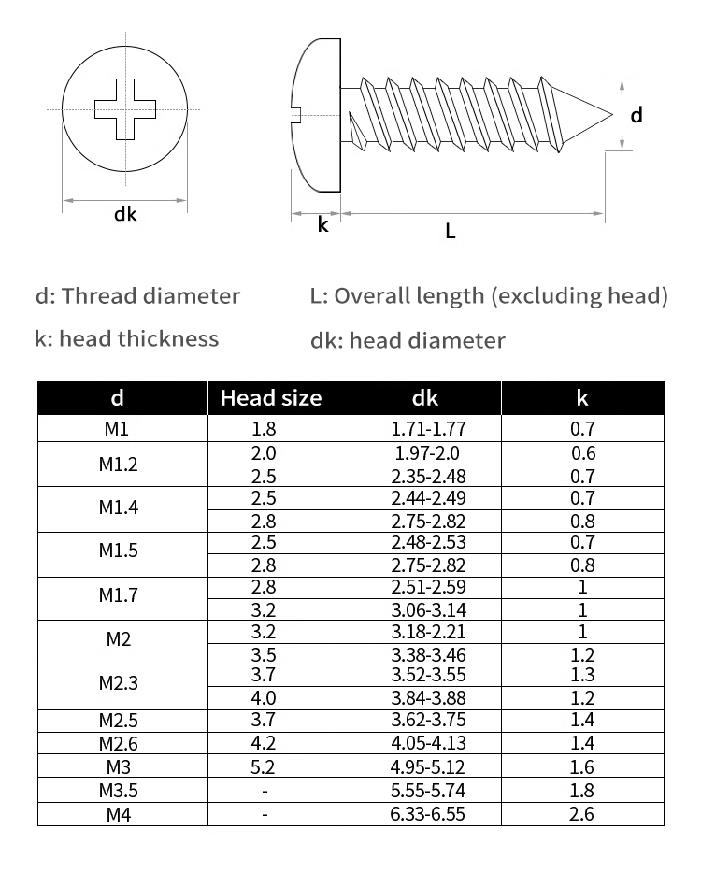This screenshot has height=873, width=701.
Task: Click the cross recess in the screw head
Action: coord(124,110)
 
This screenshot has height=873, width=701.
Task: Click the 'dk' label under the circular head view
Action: coord(125,214)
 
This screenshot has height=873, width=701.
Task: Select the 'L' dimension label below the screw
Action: coord(451,231)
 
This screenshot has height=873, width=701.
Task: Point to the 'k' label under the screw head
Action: coord(322,224)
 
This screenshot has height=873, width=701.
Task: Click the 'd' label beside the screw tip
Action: coord(637,115)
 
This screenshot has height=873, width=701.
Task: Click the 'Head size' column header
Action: coord(270,398)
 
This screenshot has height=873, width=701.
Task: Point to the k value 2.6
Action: coord(581,814)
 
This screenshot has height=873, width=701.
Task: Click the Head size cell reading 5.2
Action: coord(265,768)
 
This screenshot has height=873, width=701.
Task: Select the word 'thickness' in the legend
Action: coord(168,338)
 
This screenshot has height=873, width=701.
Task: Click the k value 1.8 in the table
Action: coord(581,791)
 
